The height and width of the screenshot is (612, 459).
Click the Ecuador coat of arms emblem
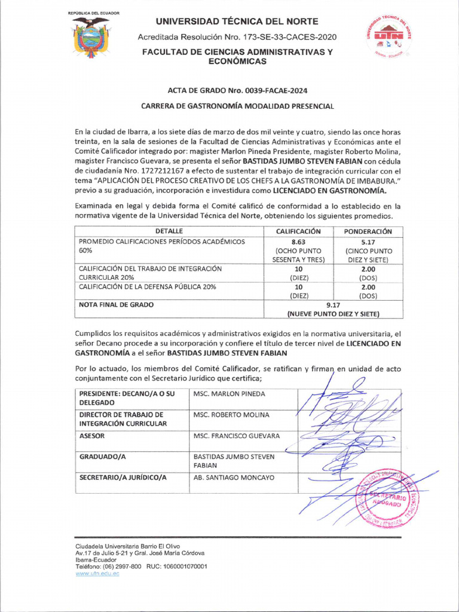point(91,38)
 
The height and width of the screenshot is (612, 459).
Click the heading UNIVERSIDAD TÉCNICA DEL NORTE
point(237,22)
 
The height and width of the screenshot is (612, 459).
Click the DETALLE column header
point(169,231)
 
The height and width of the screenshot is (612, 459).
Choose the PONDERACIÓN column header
point(368,231)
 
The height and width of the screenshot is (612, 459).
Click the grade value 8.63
point(298,242)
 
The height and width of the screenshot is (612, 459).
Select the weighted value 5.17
point(368,242)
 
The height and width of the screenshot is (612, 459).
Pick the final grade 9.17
point(333,304)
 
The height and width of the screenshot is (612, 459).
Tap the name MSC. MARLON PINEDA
point(229,394)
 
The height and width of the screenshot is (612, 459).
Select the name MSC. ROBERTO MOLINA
point(231,415)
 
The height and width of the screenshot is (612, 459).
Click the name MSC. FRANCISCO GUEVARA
point(237,436)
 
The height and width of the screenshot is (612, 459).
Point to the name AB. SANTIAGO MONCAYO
point(234,478)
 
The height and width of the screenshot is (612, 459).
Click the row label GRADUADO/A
point(103,457)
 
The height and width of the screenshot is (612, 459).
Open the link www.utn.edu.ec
point(97,573)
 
